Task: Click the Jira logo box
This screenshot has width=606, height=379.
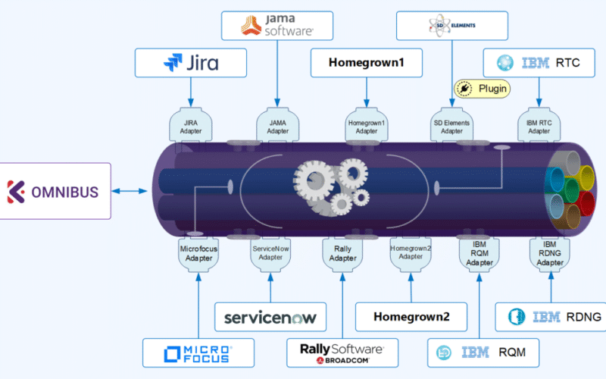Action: tap(190, 62)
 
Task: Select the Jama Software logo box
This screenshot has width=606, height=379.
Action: tap(277, 26)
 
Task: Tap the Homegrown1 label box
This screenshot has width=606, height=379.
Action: tap(367, 63)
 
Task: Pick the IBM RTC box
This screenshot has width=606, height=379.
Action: tap(539, 62)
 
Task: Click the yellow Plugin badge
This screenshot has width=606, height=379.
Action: tap(482, 89)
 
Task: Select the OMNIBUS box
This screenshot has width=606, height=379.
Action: tap(55, 191)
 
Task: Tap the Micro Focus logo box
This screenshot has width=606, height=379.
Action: tap(198, 353)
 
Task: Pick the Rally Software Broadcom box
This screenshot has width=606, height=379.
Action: tap(342, 353)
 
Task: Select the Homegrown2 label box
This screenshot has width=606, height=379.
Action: tap(411, 317)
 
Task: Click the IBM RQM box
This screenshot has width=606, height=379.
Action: tap(479, 353)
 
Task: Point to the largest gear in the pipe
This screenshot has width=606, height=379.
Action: tap(313, 180)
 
